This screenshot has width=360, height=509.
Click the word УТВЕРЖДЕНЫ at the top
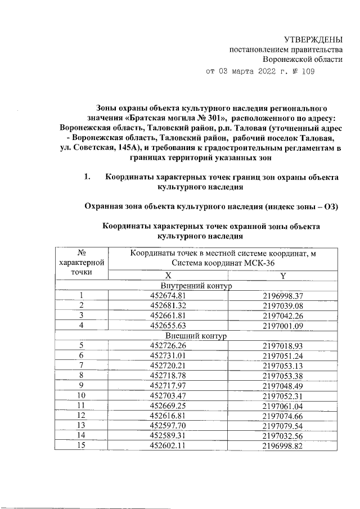tap(313, 39)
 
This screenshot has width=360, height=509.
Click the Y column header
tap(283, 275)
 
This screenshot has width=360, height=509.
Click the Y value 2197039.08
tap(283, 305)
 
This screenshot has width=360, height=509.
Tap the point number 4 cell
tap(81, 326)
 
